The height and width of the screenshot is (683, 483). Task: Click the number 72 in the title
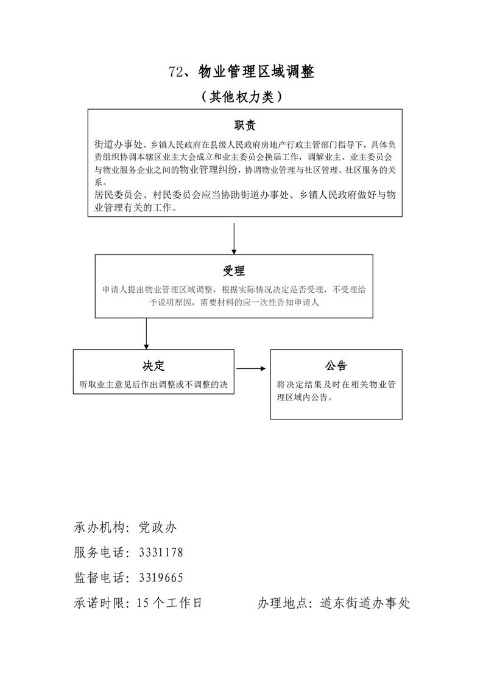point(176,72)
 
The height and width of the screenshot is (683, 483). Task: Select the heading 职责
point(245,125)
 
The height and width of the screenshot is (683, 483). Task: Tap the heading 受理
point(234,271)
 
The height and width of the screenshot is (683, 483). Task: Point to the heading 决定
point(153,366)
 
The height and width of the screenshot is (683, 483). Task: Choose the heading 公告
point(336,366)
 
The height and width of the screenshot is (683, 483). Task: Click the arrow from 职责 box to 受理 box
point(234,238)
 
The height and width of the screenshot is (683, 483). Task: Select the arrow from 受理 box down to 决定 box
point(146,333)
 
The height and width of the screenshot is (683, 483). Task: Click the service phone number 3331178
point(161,552)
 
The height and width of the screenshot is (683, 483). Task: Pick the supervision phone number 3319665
point(161,577)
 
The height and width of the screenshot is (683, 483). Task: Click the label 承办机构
point(98,527)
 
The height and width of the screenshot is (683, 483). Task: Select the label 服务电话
point(98,552)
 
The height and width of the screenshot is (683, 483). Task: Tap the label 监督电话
point(98,577)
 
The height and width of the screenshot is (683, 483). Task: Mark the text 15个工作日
point(169,603)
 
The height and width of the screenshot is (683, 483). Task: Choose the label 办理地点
point(283,603)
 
